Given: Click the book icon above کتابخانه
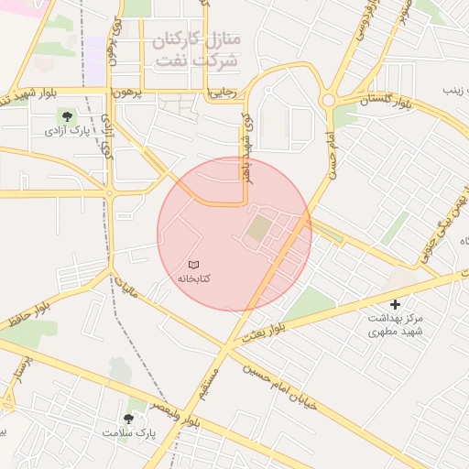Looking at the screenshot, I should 192,264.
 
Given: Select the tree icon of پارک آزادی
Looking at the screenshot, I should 65,115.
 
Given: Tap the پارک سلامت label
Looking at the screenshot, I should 129,431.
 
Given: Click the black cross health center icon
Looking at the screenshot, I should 396,304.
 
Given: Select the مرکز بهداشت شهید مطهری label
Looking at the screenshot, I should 397,324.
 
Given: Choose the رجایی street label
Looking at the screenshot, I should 225,93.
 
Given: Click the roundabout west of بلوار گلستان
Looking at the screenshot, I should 328,99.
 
